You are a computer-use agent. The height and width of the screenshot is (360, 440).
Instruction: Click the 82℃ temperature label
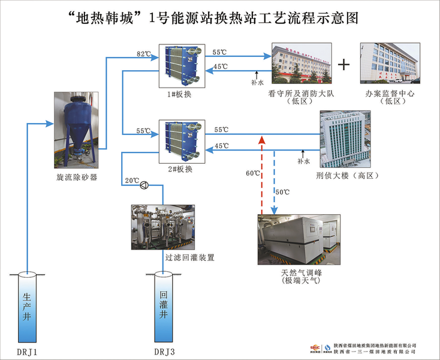click(143, 54)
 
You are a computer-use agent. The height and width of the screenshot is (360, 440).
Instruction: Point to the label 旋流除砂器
click(77, 177)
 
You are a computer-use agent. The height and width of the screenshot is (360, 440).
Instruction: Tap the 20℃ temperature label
click(131, 181)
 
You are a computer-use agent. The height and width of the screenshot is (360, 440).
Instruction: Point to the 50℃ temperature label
click(282, 192)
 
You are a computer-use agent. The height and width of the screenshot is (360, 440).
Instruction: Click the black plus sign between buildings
click(344, 64)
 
